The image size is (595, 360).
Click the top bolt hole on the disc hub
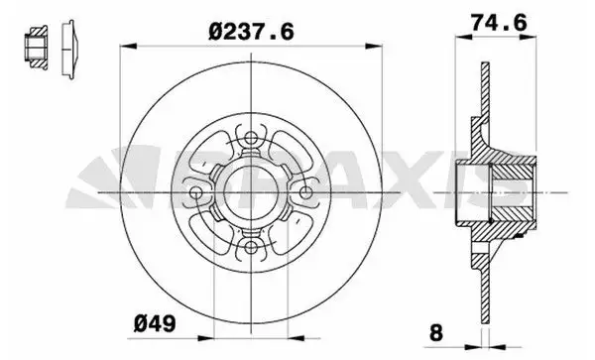click(254, 136)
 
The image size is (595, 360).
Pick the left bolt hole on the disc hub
click(198, 191)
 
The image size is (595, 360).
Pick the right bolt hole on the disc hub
click(308, 191)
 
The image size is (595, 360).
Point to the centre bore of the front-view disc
click(254, 191)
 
